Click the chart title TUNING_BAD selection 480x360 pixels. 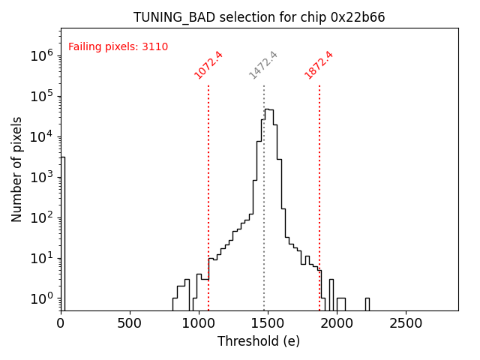259,17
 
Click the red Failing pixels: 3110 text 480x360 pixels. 118,47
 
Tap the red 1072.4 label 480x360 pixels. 208,65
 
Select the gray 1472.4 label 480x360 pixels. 263,65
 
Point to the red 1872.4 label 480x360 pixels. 319,65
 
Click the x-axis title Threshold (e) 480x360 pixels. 259,341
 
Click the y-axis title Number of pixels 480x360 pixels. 17,169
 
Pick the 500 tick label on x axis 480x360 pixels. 130,323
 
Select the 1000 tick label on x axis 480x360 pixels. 199,323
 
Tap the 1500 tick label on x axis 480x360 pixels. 268,323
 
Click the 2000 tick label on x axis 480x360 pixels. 337,323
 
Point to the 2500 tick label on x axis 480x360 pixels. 406,323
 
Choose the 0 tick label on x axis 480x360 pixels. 61,323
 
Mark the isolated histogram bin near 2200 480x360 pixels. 367,303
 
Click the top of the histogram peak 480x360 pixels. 268,109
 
